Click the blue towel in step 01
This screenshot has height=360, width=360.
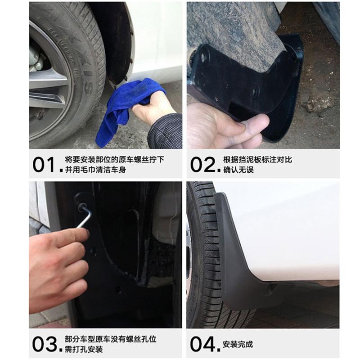click(118, 110)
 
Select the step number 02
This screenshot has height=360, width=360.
click(203, 164)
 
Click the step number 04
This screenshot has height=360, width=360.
click(203, 344)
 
